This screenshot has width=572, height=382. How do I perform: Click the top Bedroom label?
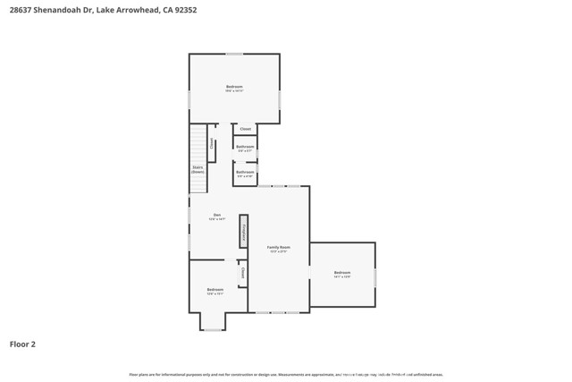pos(234,88)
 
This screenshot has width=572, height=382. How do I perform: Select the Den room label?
pos(216,216)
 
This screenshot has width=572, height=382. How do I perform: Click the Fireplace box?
pos(243,231)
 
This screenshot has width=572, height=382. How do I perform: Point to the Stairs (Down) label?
pos(198,168)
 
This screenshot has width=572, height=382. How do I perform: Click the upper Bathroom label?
pos(245,148)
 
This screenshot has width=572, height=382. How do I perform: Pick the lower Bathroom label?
pos(245,173)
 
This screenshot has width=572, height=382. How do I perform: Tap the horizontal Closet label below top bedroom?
pos(245,129)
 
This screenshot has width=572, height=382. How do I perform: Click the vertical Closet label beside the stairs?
pos(212,143)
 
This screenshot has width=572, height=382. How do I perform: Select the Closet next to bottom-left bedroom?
pos(242,273)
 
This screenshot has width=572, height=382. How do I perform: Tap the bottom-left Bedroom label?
pos(215,291)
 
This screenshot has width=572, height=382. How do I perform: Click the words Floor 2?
pos(22,344)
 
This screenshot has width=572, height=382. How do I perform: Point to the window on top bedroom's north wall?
pos(234,54)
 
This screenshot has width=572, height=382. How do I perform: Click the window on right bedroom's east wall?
pos(374,278)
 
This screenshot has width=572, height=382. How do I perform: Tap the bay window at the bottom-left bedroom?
pos(213,329)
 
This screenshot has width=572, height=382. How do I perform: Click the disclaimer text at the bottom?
pos(286,375)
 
